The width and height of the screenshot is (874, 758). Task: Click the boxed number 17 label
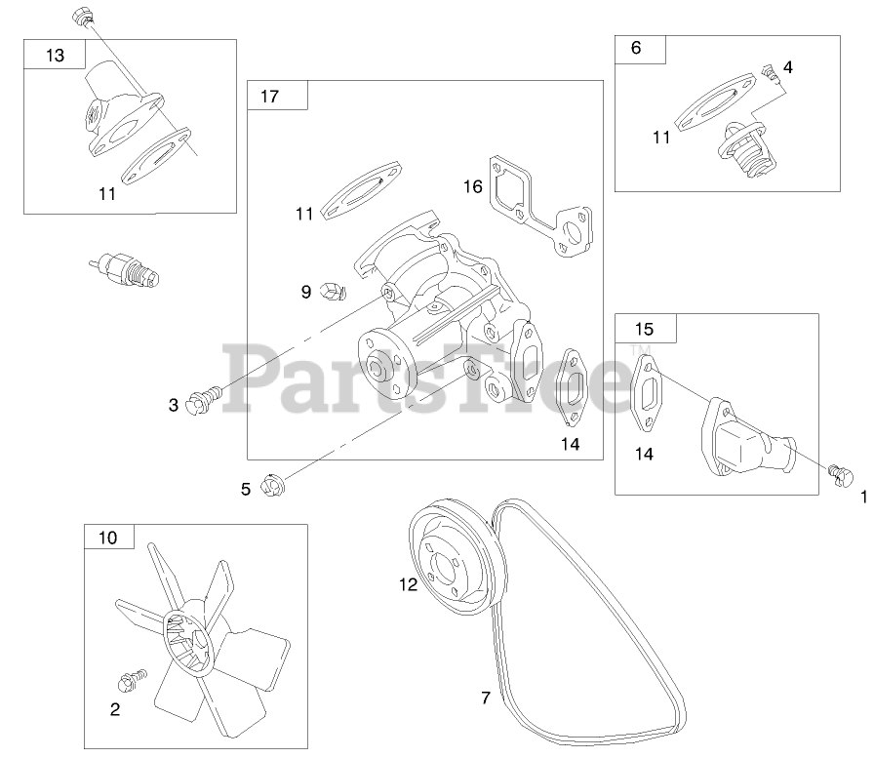pyautogui.click(x=270, y=96)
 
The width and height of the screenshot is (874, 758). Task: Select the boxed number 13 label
pyautogui.click(x=55, y=56)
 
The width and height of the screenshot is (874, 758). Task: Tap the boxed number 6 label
pyautogui.click(x=637, y=48)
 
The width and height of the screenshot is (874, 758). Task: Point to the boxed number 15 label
pyautogui.click(x=644, y=329)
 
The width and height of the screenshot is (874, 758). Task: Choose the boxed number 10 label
pyautogui.click(x=107, y=538)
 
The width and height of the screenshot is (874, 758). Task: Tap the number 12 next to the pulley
pyautogui.click(x=408, y=584)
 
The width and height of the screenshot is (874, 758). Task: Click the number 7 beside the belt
pyautogui.click(x=485, y=698)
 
